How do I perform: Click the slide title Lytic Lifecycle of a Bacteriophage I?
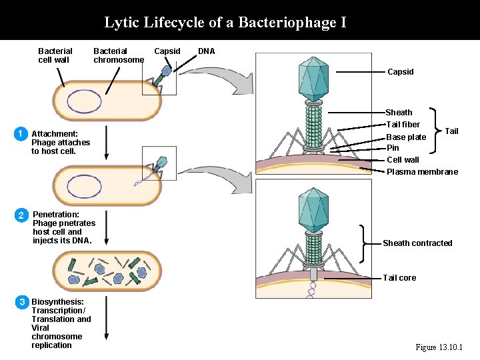225,23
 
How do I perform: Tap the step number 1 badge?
21,134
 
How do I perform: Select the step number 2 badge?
21,215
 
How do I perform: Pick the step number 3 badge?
21,302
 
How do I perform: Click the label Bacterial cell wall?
55,55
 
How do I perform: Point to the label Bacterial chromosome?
118,55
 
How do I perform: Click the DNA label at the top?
207,51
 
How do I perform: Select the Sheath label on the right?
399,113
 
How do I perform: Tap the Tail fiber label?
403,125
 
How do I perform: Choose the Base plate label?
406,137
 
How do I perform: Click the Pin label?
393,148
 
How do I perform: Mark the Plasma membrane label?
422,172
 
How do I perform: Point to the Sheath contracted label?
417,243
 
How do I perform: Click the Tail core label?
399,278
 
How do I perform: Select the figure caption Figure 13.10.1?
439,347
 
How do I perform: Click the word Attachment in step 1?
55,134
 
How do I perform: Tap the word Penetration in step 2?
56,215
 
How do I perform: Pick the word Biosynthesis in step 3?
57,302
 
